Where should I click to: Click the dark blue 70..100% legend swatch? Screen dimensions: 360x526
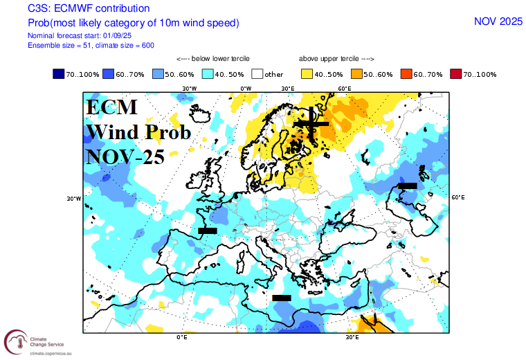coord(59,73)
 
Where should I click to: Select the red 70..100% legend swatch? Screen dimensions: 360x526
coord(456,73)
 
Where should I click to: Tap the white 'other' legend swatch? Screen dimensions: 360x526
coord(257,73)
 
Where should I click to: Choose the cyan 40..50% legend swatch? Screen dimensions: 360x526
coord(208,73)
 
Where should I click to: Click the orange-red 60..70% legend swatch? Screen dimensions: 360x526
coord(407,73)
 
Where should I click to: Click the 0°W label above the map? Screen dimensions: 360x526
coord(246,89)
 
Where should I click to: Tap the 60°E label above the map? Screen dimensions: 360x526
coord(344,89)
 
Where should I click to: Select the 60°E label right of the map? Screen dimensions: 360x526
coord(457,197)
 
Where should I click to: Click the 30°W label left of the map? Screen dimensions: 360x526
coord(73,199)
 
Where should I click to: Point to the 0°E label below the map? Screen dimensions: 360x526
coord(183,337)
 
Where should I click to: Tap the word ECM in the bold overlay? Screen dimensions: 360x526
coord(112,107)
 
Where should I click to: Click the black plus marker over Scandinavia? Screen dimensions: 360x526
coord(311,123)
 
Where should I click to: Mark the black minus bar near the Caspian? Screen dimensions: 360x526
coord(407,186)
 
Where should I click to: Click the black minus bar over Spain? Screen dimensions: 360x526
coord(208,230)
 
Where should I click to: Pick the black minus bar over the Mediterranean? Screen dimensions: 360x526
coord(282,298)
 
